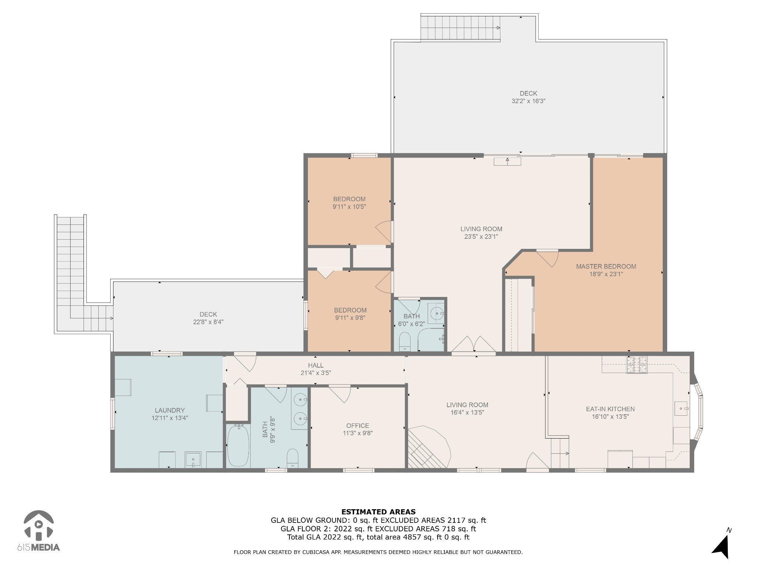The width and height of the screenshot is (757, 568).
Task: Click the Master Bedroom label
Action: (606, 266)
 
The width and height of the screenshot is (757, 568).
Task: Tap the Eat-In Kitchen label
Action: (610, 409)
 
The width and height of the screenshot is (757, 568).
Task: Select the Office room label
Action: (357, 426)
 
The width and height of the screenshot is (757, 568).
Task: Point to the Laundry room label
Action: (170, 410)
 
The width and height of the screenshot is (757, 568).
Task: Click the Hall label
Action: (316, 365)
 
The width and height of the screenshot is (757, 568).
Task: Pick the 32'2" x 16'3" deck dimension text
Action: (529, 101)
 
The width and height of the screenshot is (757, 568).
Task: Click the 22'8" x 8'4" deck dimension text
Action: (208, 322)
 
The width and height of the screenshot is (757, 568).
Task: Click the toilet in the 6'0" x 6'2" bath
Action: (405, 342)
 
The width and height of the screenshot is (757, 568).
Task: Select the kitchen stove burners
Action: (637, 364)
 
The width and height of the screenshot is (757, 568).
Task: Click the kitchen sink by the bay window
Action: (681, 409)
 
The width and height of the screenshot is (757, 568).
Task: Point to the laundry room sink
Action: (193, 460)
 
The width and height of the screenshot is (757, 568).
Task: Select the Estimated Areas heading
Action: (378, 512)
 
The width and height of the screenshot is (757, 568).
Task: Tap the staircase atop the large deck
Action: (461, 28)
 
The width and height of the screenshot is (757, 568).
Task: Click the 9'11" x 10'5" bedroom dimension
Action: (349, 207)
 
